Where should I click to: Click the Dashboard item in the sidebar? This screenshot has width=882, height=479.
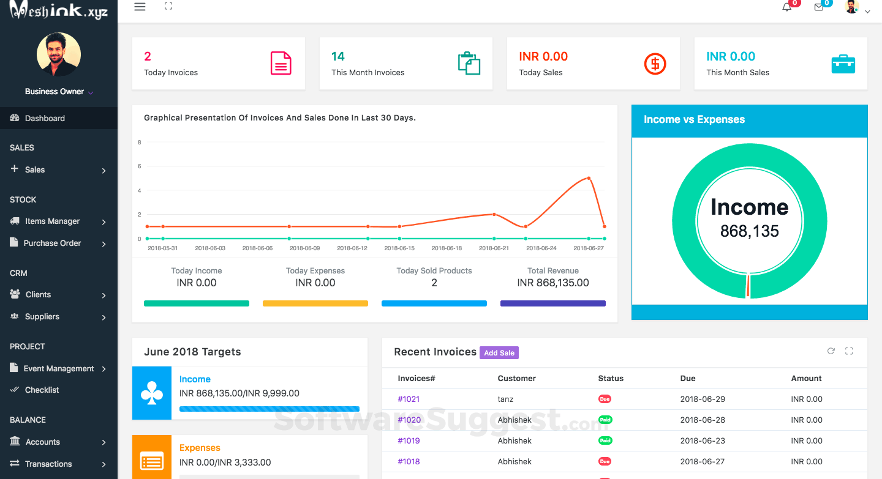point(45,118)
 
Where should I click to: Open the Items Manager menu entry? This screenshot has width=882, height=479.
point(52,221)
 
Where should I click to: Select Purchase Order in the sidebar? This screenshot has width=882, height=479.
point(52,243)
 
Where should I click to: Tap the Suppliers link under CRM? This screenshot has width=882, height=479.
point(42,317)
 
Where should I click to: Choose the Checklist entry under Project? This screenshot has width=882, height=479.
point(42,390)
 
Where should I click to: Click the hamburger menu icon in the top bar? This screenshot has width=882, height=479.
point(140,7)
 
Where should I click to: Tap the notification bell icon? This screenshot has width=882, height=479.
point(787,7)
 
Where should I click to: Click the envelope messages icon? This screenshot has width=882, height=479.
point(819,7)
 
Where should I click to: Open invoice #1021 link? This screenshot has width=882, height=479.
point(409,399)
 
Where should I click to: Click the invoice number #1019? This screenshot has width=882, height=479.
point(409,441)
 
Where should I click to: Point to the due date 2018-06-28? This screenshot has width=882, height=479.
point(703,420)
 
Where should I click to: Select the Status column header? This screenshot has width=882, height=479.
point(611,379)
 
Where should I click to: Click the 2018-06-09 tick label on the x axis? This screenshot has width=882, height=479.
point(304,248)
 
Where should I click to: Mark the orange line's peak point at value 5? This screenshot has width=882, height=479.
point(589,178)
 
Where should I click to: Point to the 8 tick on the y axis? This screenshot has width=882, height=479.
point(140,143)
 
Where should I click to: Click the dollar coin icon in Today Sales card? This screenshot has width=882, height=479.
point(655,64)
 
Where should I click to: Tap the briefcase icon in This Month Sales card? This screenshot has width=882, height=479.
point(843,64)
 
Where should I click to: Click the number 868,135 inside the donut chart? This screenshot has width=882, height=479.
point(750,231)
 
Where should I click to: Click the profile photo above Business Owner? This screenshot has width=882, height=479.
point(59,54)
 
